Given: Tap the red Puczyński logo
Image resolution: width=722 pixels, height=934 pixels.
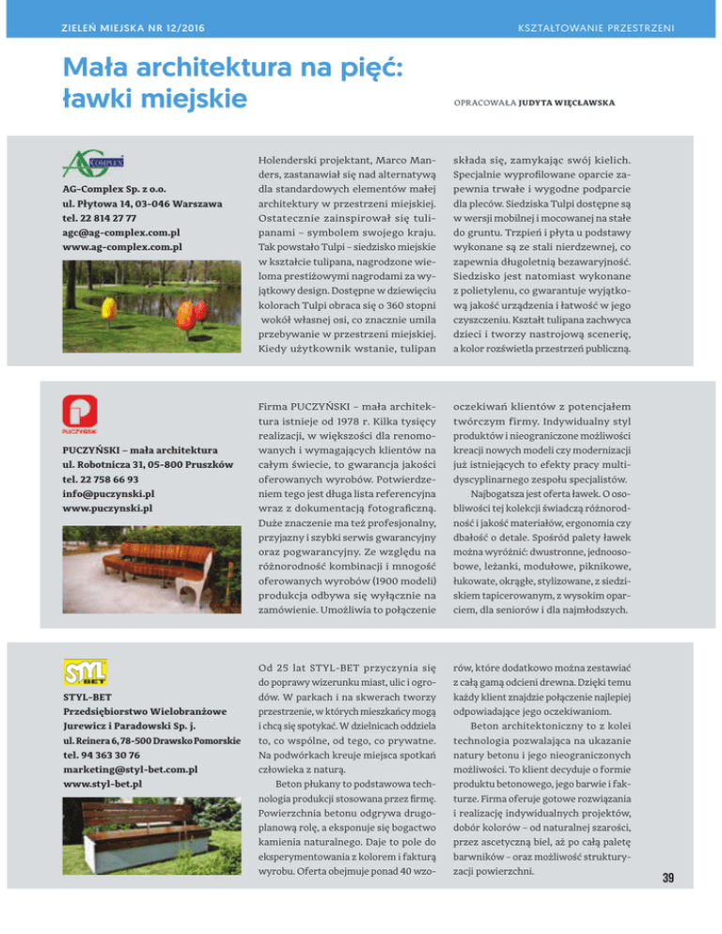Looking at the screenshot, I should click(78, 414).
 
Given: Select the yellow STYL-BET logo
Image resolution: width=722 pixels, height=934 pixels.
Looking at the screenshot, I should click(83, 675).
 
